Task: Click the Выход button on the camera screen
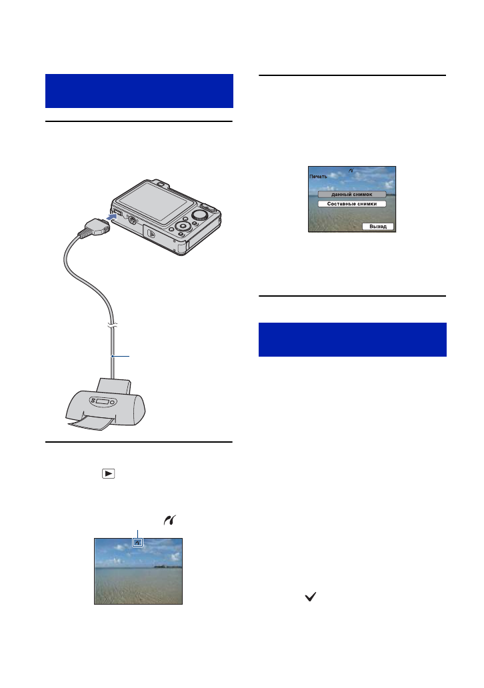pyautogui.click(x=379, y=227)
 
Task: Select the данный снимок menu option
pyautogui.click(x=351, y=194)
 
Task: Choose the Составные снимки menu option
pyautogui.click(x=351, y=204)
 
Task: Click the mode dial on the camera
pyautogui.click(x=199, y=215)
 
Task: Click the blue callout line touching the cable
pyautogui.click(x=123, y=357)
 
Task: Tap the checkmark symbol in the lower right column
pyautogui.click(x=309, y=600)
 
